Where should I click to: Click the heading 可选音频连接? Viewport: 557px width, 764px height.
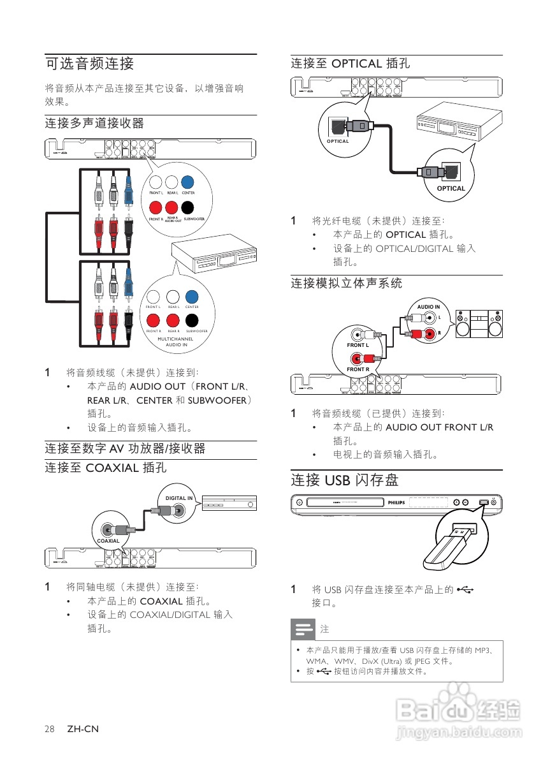pos(89,64)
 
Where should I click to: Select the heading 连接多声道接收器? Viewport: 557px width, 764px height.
pos(94,123)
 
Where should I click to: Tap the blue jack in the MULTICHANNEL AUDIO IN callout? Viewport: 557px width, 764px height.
pos(191,297)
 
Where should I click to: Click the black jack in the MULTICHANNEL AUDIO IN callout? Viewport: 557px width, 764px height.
pos(191,320)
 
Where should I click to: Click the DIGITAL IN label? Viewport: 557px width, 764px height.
pos(179,498)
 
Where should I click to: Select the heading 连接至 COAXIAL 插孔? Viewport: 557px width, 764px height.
pos(106,468)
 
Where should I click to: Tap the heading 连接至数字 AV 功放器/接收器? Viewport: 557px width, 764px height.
pos(125,449)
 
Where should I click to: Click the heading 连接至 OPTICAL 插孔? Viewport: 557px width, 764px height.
pos(351,64)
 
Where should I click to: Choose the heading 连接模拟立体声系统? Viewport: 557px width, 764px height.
pos(347,283)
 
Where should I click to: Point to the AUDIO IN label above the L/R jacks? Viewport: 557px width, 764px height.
pos(428,307)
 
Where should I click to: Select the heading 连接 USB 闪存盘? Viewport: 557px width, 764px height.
pos(345,480)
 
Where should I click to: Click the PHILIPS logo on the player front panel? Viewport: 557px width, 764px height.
pos(396,503)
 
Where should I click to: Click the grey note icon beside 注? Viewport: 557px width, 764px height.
pos(303,629)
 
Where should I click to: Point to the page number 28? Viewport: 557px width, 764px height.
pos(50,729)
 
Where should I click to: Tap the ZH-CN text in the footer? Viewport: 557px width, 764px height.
pos(83,729)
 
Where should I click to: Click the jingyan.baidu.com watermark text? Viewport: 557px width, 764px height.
pos(458,733)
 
